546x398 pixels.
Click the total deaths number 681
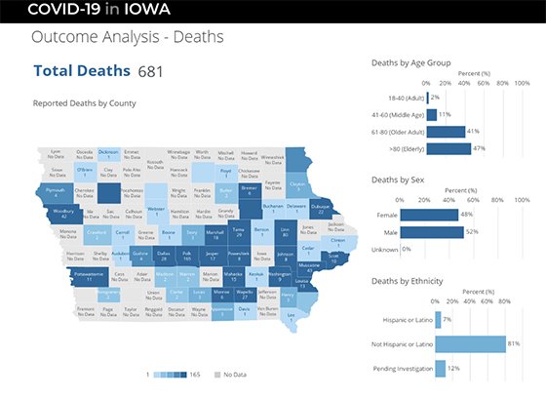pyautogui.click(x=150, y=71)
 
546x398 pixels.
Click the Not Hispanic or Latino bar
pyautogui.click(x=470, y=343)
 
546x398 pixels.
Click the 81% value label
pyautogui.click(x=513, y=343)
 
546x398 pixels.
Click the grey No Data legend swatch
pyautogui.click(x=216, y=374)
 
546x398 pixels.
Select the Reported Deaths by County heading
pyautogui.click(x=84, y=102)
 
